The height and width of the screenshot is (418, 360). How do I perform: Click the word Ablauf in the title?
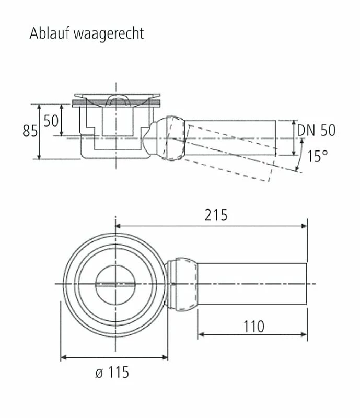click(49, 33)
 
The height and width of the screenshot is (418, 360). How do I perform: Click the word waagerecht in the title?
click(109, 34)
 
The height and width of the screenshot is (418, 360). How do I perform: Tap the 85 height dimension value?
click(30, 131)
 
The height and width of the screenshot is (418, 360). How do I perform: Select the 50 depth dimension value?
click(51, 121)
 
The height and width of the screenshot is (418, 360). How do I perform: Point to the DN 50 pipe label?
click(316, 130)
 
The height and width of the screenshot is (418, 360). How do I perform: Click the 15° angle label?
click(318, 156)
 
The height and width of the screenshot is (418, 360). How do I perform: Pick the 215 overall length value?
click(216, 215)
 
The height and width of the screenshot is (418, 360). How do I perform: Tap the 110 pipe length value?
click(254, 327)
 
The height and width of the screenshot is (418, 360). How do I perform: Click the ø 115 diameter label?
click(112, 373)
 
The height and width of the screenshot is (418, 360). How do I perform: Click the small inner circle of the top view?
click(115, 285)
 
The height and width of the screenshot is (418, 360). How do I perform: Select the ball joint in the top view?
click(182, 284)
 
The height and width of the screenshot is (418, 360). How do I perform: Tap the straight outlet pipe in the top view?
click(252, 284)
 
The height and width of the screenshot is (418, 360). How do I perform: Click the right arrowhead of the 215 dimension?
click(304, 226)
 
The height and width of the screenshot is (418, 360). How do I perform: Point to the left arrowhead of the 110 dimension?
click(201, 334)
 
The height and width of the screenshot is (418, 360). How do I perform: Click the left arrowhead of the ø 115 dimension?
click(64, 357)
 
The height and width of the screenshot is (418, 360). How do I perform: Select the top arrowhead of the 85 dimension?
click(39, 107)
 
